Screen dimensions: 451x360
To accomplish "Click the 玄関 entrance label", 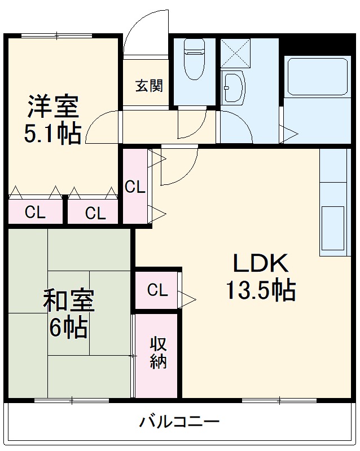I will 149,86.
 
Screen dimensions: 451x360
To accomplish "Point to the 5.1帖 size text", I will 52,134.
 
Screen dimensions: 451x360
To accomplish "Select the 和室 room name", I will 69,301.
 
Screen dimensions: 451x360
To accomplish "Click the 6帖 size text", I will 68,328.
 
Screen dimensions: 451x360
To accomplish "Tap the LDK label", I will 261,262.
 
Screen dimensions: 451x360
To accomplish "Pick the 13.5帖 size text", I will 261,290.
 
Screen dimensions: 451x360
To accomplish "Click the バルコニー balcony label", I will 179,421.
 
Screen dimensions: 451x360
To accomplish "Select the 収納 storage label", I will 158,352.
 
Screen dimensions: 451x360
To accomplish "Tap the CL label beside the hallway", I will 135,188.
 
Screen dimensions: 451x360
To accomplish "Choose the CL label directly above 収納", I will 158,290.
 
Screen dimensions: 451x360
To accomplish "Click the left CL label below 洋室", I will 35,213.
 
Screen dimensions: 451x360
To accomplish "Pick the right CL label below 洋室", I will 95,213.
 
